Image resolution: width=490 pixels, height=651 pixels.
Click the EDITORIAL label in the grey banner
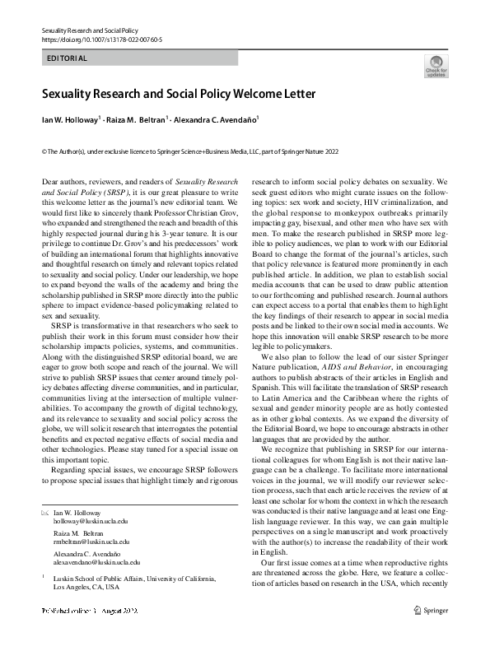(67, 58)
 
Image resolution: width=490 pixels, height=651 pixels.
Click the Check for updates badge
(436, 67)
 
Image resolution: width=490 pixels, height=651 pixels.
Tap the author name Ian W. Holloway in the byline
(70, 119)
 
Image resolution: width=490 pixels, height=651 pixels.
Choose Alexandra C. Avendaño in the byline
(217, 119)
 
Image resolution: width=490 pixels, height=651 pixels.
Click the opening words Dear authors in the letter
(66, 179)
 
